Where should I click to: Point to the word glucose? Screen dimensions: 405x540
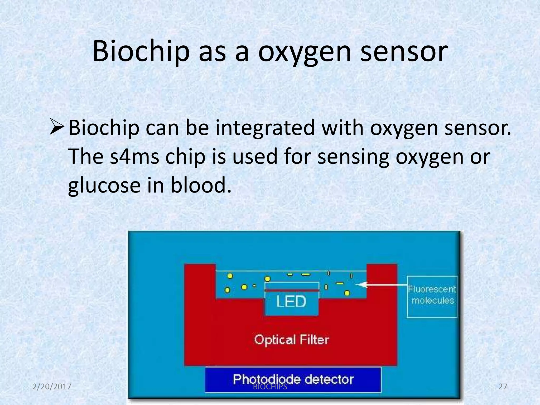pos(104,185)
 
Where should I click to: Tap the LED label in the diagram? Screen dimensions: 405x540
pos(291,301)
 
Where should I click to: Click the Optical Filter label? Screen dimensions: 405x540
pos(291,340)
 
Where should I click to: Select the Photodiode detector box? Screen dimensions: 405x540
pos(293,379)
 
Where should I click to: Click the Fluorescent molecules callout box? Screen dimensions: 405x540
pos(432,297)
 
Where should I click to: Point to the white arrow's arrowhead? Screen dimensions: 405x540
pos(359,285)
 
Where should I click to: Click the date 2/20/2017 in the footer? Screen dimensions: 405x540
pos(52,387)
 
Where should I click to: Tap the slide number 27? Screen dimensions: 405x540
pos(503,387)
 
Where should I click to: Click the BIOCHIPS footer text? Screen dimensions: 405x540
pos(270,387)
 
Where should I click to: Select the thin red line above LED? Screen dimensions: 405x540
pos(292,290)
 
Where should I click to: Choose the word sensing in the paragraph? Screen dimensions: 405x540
pos(353,157)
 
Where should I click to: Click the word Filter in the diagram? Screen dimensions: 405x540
pos(314,340)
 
